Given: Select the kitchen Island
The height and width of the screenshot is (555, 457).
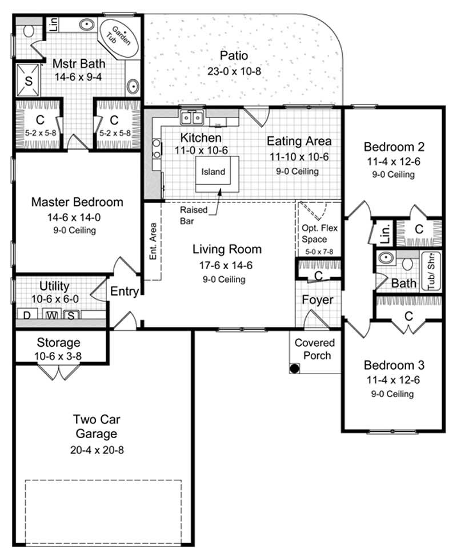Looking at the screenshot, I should point(214,172).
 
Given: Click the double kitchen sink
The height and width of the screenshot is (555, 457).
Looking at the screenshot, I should point(193,118).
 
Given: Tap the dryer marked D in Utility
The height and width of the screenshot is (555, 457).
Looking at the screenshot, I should point(26,315).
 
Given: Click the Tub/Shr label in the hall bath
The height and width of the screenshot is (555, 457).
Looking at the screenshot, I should point(430,271).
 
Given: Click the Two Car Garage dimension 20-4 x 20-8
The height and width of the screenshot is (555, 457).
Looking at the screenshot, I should point(97,449).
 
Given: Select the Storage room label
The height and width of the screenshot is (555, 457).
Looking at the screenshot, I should point(58,343).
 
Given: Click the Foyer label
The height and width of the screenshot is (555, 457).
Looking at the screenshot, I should point(317,299).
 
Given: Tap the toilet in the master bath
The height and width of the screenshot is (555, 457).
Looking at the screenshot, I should point(29,30).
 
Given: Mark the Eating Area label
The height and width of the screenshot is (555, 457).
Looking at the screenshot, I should point(299,141).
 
